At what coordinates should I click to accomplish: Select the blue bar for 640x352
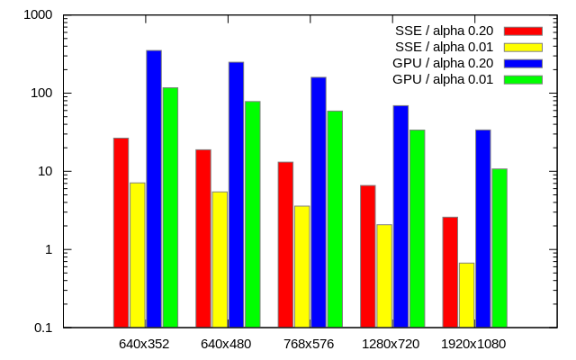point(154,188)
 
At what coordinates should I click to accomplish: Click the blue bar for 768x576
point(319,202)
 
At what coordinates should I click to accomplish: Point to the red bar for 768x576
point(285,244)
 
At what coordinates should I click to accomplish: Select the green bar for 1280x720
point(417,229)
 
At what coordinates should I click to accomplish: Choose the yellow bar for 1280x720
point(384,275)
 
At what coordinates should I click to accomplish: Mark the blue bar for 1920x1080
point(483,229)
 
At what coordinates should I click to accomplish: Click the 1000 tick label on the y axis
point(38,15)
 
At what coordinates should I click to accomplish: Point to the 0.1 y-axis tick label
point(43,328)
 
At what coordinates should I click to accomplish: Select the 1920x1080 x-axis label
point(473,344)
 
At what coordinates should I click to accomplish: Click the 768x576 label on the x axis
point(309,344)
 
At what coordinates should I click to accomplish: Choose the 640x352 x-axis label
point(144,344)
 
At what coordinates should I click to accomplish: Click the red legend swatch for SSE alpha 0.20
point(523,31)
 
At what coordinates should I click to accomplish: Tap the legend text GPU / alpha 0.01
point(443,79)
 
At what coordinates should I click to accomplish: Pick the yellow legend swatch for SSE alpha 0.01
point(523,48)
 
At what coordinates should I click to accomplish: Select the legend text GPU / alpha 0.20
point(443,63)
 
